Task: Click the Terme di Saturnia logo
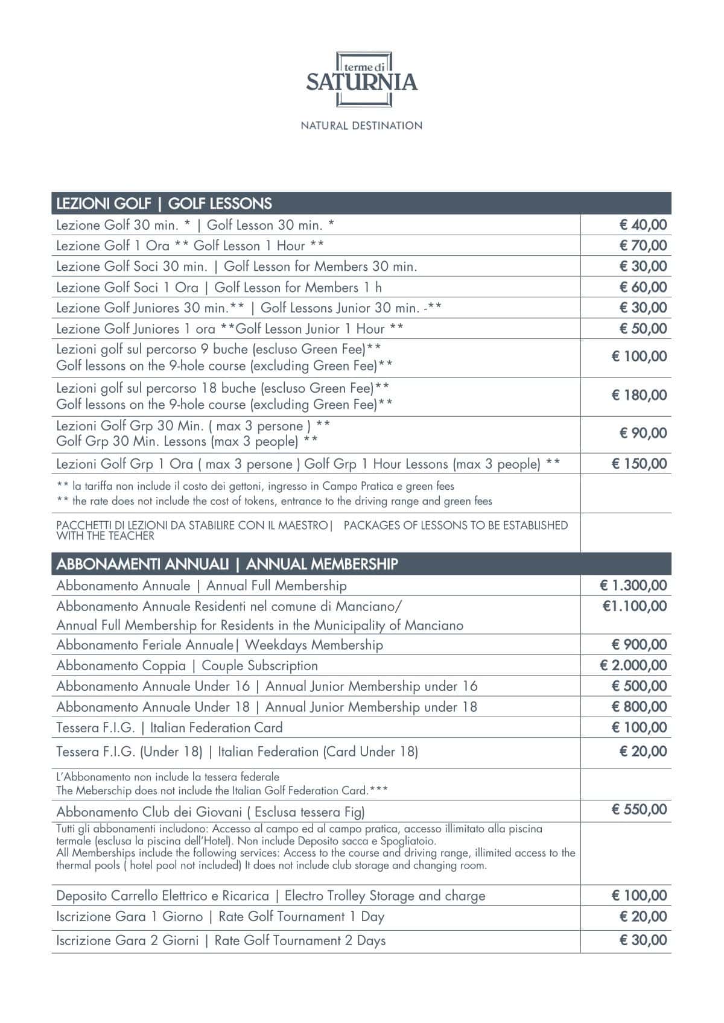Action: coord(361,80)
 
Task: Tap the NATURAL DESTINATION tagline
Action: coord(361,125)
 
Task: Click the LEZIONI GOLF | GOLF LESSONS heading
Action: coord(164,203)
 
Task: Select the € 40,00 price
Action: coord(643,225)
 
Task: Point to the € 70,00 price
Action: coord(643,245)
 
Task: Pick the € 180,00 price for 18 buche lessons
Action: coord(639,395)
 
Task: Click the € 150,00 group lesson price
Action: coord(639,463)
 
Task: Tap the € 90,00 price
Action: coord(643,432)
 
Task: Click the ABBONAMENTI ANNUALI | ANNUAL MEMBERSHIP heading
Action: coord(227,564)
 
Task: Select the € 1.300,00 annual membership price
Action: coord(633,585)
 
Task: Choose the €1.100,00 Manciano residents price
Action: coord(634,606)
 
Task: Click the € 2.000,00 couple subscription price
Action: coord(633,665)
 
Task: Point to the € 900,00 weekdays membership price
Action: coord(639,644)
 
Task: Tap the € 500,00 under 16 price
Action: coord(639,686)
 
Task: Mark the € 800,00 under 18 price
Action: coord(639,706)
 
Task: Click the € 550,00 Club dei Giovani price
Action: coord(639,809)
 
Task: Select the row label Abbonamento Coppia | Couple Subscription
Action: coord(187,666)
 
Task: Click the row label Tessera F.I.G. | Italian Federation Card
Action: coord(170,727)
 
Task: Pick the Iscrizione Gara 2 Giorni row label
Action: coord(221,940)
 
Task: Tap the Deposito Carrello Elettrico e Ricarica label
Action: coord(270,896)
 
